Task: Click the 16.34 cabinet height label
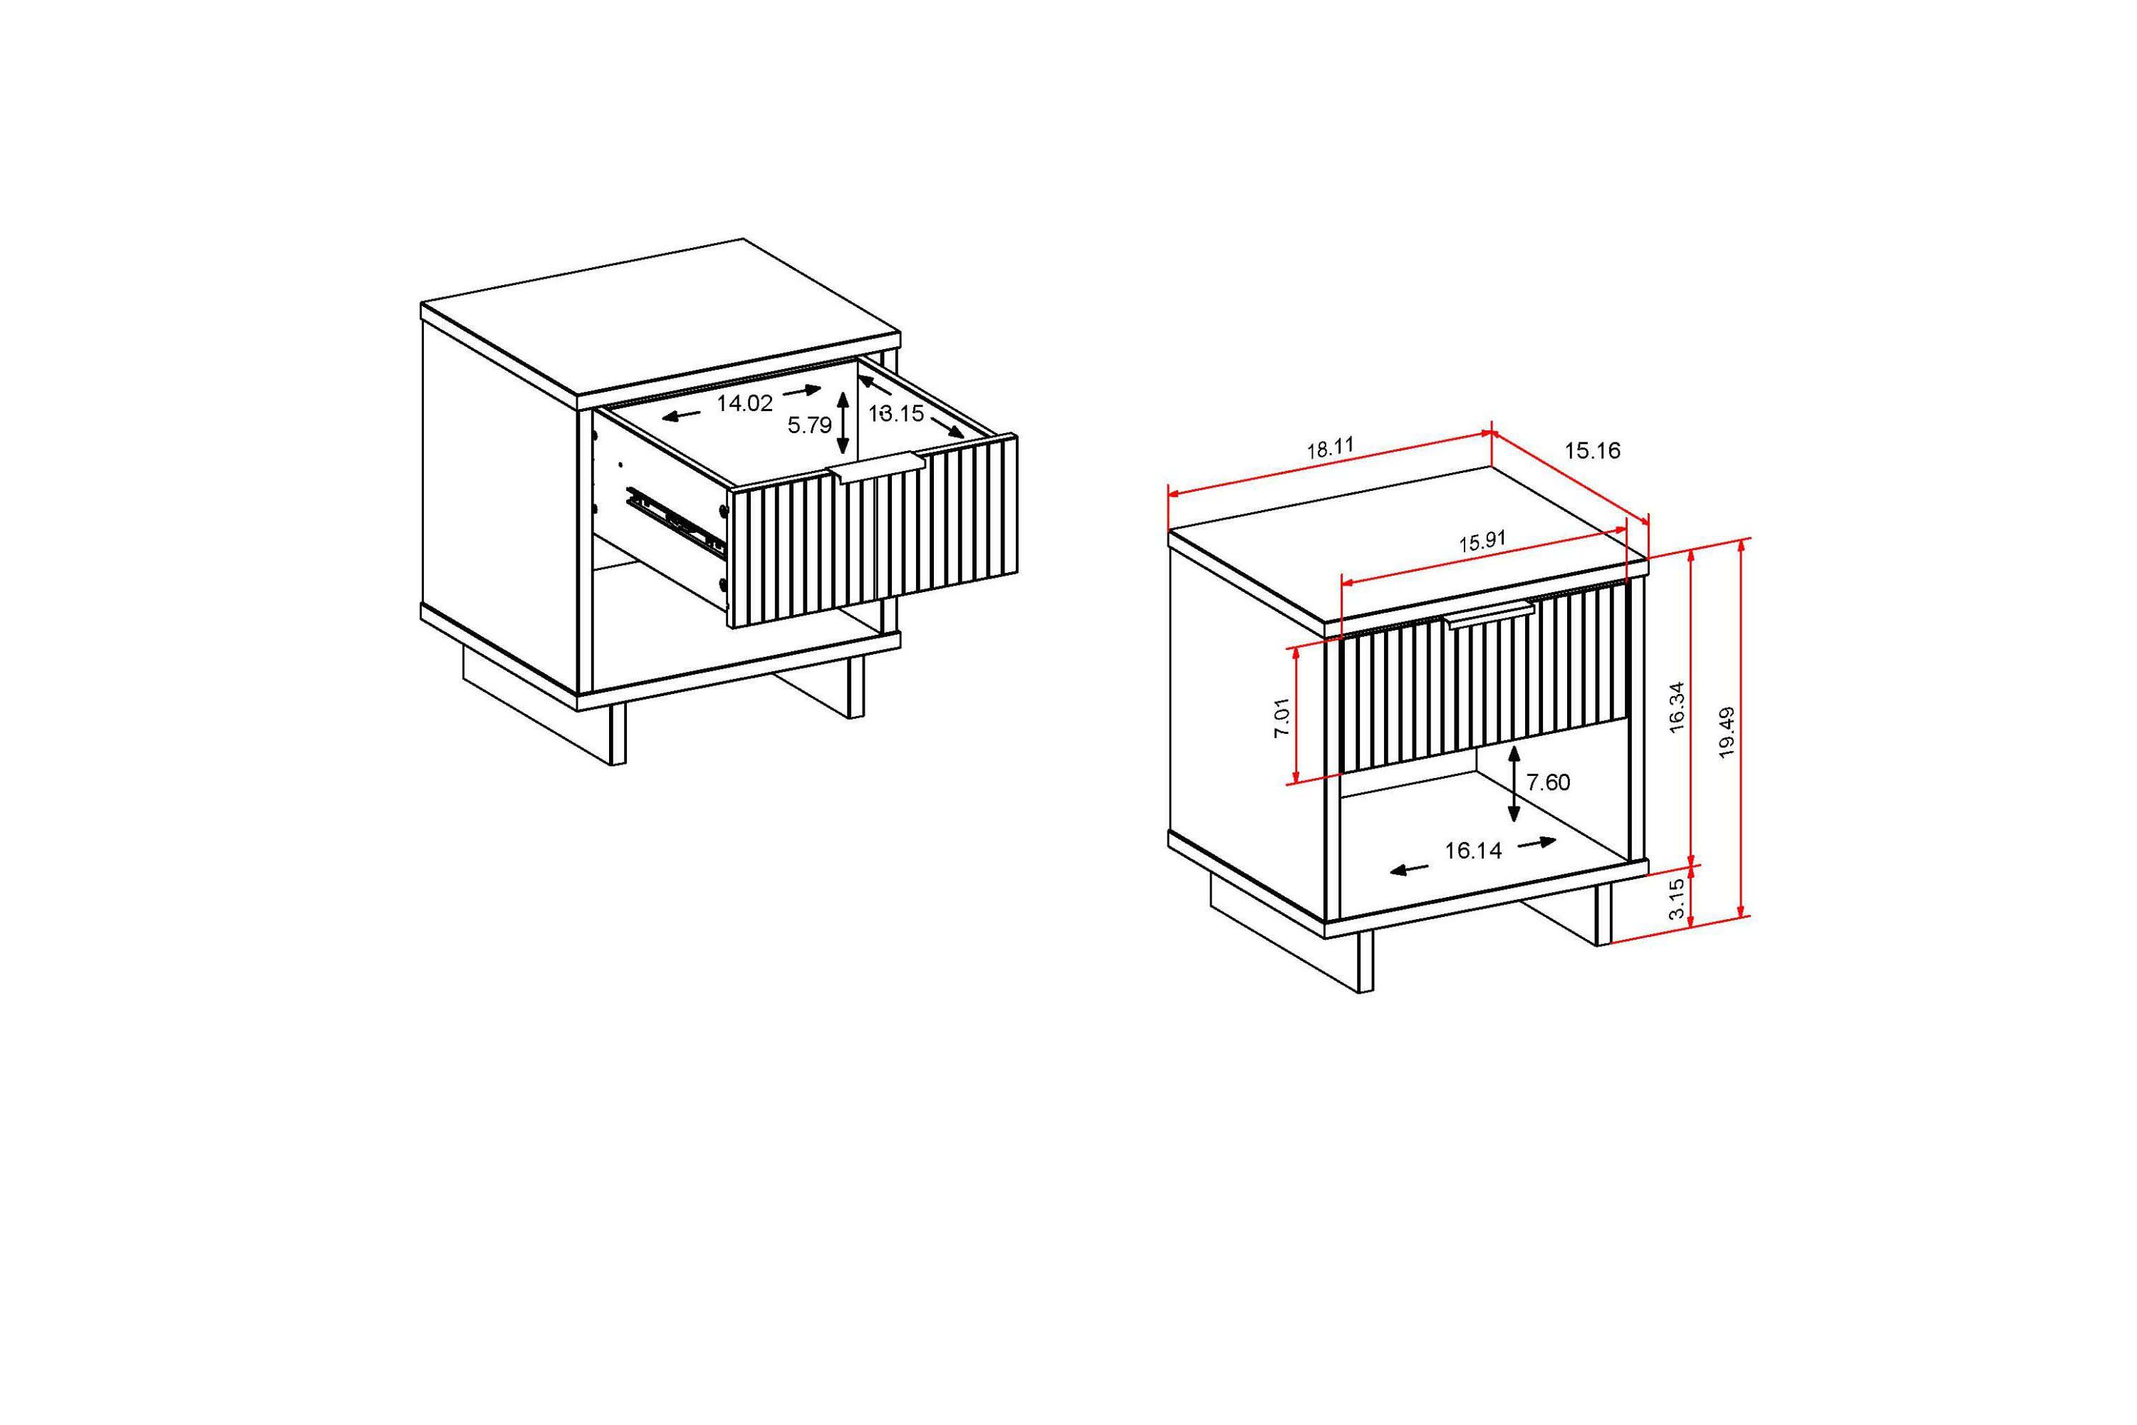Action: (1678, 706)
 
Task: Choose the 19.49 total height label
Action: (1727, 732)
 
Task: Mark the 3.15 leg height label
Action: (1678, 898)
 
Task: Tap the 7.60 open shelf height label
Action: (1548, 782)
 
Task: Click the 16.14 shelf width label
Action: (1474, 851)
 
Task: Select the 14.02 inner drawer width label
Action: (744, 403)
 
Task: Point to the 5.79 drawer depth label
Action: (809, 425)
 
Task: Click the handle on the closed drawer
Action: (1491, 614)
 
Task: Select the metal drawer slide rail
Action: (677, 522)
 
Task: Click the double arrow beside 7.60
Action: (1514, 783)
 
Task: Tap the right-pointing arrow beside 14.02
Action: (802, 390)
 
